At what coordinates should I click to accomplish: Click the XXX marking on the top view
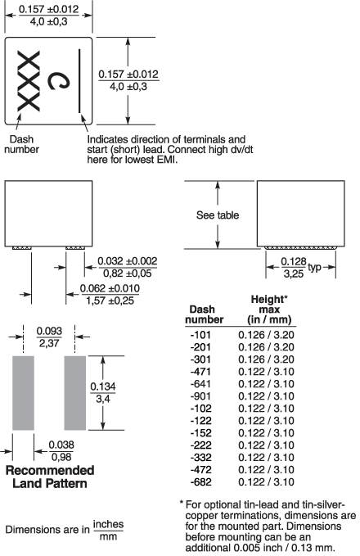point(29,81)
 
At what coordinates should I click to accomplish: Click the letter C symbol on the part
point(59,81)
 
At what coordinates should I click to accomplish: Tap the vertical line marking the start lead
point(79,81)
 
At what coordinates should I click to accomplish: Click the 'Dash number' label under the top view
point(21,144)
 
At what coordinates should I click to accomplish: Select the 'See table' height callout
point(218,215)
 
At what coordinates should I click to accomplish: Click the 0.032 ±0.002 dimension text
point(127,261)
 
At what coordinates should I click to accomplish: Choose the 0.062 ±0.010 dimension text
point(110,288)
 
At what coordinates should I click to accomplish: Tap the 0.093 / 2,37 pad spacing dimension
point(49,337)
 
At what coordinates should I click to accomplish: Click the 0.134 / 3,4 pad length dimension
point(103,392)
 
